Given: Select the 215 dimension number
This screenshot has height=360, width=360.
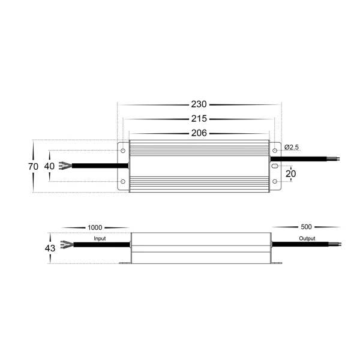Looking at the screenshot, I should [x=199, y=119].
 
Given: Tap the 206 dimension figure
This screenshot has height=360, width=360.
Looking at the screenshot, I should [x=199, y=133].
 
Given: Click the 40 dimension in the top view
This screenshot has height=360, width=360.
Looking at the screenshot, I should [x=49, y=166].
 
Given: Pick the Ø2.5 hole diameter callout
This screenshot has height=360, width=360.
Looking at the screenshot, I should [x=292, y=147].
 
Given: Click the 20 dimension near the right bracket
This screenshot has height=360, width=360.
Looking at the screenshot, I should [x=291, y=173].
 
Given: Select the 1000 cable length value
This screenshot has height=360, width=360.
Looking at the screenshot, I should [x=95, y=227].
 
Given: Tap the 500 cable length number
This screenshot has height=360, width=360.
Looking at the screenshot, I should [x=306, y=227].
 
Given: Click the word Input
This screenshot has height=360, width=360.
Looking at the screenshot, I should [x=100, y=239].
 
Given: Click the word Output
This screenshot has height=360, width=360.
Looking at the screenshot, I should [x=307, y=239].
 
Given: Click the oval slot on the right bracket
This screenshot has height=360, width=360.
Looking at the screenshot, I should [x=275, y=165].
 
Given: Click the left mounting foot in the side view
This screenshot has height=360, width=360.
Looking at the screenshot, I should [x=125, y=263].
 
